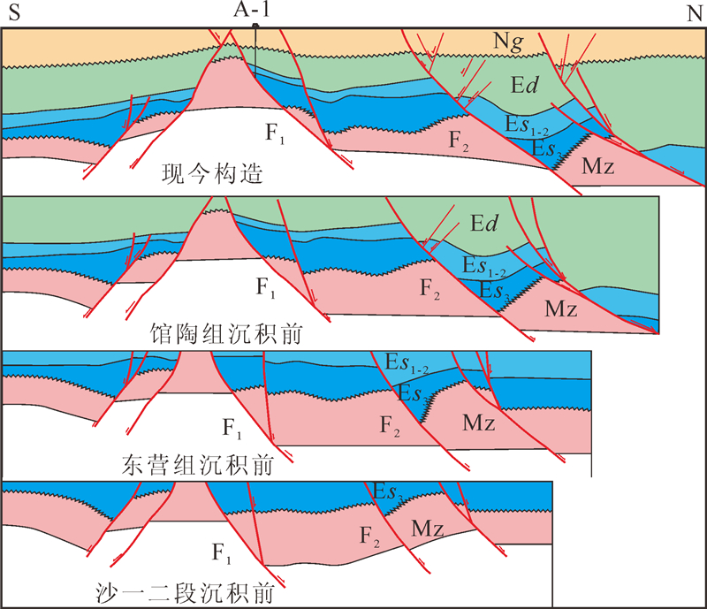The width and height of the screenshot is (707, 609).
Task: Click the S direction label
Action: point(13,13)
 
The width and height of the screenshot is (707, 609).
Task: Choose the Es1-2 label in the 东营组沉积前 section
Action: point(408,362)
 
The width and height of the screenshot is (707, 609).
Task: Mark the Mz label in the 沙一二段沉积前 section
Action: point(426,529)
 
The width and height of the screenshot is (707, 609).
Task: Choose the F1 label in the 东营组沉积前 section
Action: point(232,430)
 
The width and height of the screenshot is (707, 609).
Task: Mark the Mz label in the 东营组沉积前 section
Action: point(478,422)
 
